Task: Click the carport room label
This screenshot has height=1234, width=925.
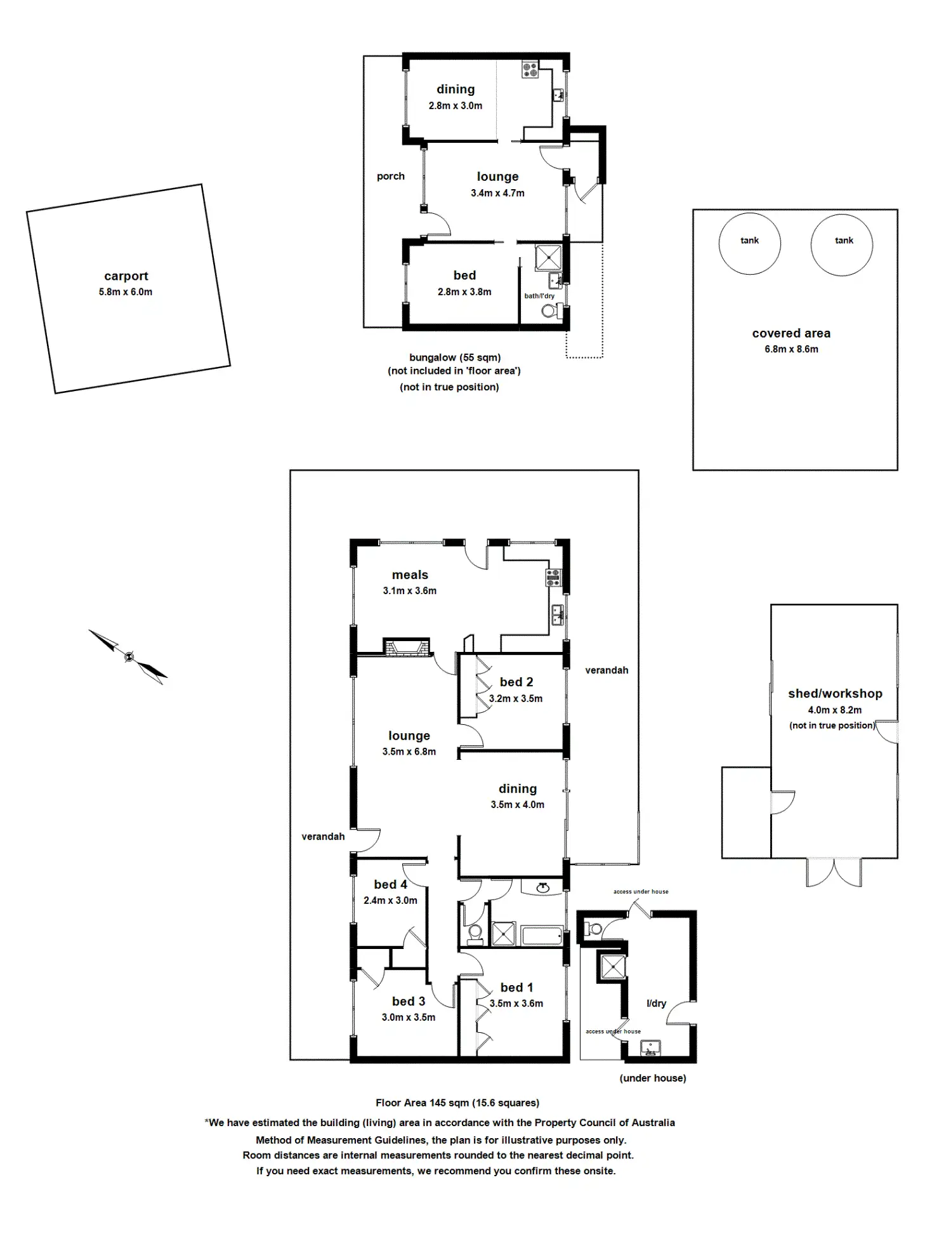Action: click(126, 276)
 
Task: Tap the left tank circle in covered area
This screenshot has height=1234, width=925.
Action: click(749, 244)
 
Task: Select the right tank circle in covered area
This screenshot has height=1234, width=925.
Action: click(841, 244)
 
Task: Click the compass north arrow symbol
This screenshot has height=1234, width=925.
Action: click(129, 657)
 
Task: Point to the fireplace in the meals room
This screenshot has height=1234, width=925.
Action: click(406, 647)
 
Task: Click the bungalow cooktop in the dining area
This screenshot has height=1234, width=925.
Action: click(530, 69)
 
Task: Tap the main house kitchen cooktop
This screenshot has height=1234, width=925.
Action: click(553, 577)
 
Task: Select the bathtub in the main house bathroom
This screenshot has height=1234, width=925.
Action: click(542, 936)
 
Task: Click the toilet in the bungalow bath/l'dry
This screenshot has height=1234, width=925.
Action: click(551, 311)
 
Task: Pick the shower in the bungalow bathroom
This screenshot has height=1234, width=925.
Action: click(548, 257)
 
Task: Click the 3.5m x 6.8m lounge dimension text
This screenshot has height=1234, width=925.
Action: click(409, 752)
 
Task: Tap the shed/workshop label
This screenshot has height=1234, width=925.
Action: click(835, 694)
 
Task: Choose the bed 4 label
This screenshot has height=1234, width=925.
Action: click(390, 884)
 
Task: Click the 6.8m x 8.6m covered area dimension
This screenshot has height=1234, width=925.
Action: click(791, 349)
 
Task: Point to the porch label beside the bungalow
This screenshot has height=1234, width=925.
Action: click(390, 176)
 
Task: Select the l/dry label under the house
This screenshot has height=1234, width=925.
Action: click(656, 1004)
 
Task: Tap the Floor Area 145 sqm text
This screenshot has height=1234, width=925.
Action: click(457, 1103)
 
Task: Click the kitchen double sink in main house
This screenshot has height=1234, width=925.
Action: click(558, 614)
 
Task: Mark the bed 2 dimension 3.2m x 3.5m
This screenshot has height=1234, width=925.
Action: click(515, 698)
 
